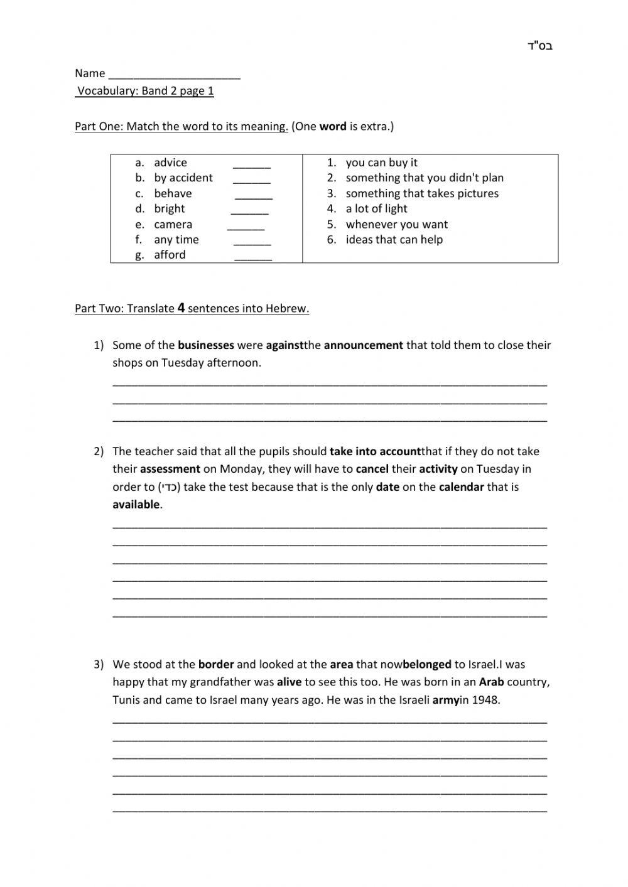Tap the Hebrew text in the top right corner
click(540, 46)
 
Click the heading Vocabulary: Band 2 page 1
click(145, 91)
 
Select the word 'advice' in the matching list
click(170, 163)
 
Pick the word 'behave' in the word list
click(173, 193)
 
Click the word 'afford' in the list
click(170, 255)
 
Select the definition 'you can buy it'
click(381, 163)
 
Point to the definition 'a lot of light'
click(376, 209)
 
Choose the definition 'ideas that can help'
click(394, 240)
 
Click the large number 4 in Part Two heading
click(181, 308)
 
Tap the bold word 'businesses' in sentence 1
click(206, 345)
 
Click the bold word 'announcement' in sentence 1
click(363, 345)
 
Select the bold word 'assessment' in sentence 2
click(170, 469)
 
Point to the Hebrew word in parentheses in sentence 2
click(169, 487)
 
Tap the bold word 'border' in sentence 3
click(216, 664)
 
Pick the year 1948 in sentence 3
click(487, 700)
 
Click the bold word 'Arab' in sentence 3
click(491, 682)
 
